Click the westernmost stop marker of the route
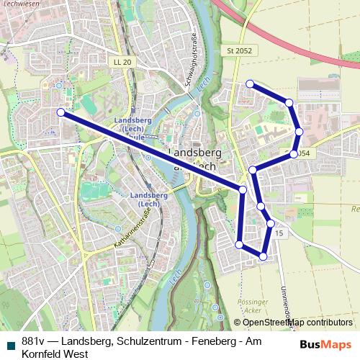(x=61, y=112)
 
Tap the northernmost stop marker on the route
(x=250, y=84)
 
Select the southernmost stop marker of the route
(x=263, y=256)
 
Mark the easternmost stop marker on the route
(x=299, y=131)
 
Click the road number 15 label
(x=279, y=235)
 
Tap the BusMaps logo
(x=325, y=344)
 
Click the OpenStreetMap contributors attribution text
(x=297, y=323)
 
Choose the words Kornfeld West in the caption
(x=55, y=354)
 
